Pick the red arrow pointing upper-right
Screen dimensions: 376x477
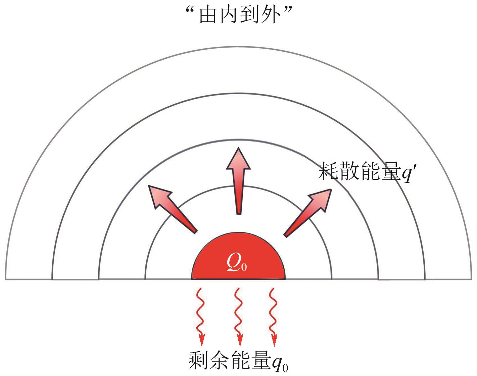click(x=307, y=211)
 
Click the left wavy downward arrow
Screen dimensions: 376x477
click(x=200, y=315)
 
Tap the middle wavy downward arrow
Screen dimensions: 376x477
click(x=238, y=315)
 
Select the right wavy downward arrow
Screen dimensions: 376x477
click(x=274, y=315)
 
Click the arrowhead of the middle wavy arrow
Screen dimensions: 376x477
click(x=239, y=341)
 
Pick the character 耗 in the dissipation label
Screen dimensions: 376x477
click(x=328, y=171)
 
